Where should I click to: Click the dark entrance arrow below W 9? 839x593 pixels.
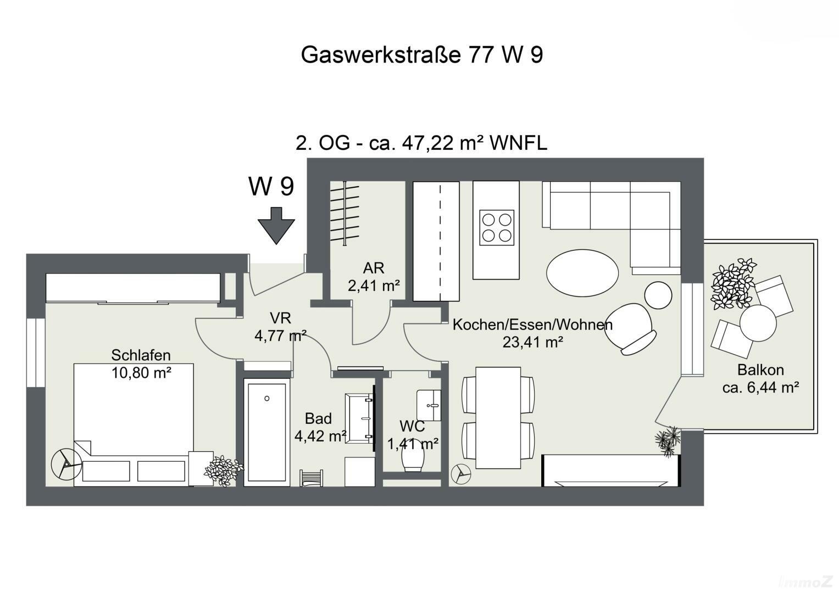pos(276,226)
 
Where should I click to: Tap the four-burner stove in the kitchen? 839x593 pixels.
pos(497,227)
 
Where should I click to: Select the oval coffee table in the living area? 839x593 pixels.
pos(582,272)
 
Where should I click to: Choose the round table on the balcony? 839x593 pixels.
pos(758,323)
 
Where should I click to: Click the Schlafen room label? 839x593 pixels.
pos(141,355)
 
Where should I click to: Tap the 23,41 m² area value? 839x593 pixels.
pos(532,343)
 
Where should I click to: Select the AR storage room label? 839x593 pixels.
pos(374,268)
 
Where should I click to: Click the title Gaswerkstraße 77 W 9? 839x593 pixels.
pos(422,55)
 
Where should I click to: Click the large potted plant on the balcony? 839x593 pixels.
pos(733,283)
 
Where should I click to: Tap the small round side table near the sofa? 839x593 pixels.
pos(658,295)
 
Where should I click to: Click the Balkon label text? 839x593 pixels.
pos(760,370)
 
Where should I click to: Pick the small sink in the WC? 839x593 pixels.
pos(429,405)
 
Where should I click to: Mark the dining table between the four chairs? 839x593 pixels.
pos(498,417)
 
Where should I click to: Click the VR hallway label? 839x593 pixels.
pos(280,318)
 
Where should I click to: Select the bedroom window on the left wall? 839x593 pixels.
pos(36,352)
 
